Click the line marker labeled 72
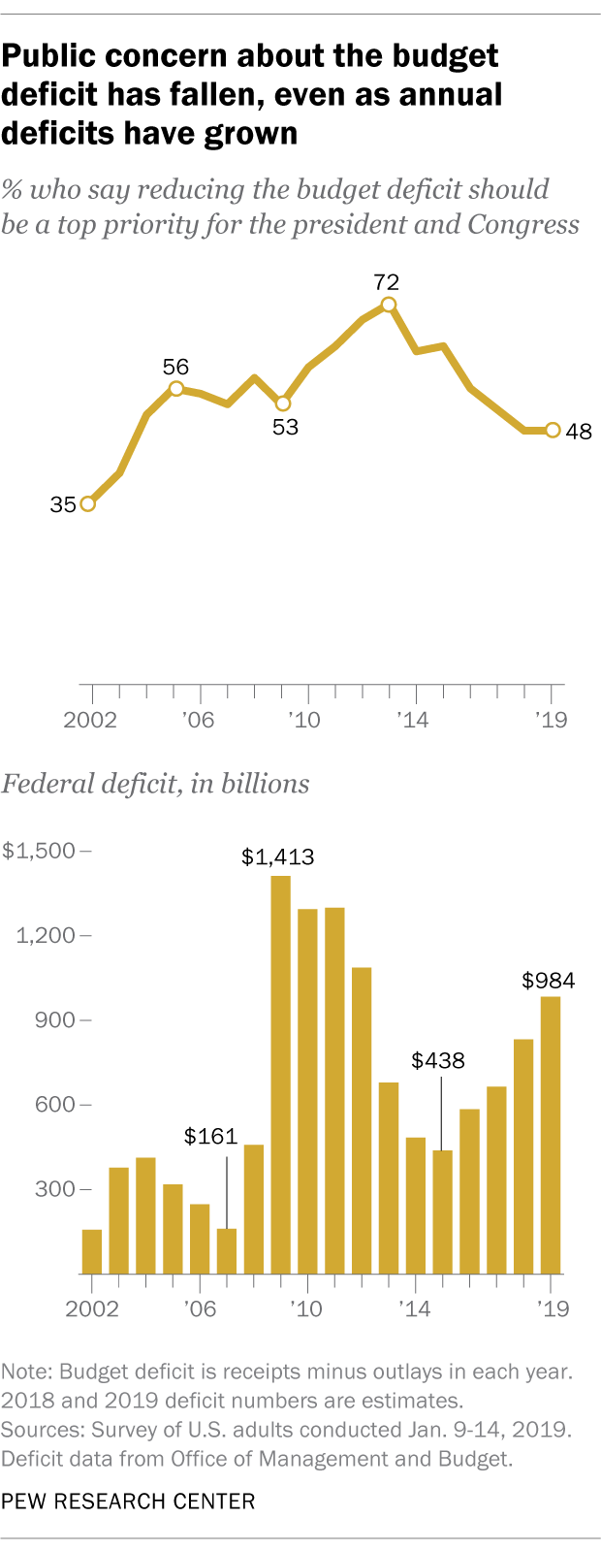click(x=389, y=305)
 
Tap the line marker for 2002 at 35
click(x=88, y=503)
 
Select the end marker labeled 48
click(x=553, y=430)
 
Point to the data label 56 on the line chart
click(x=175, y=368)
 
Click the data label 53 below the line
click(x=285, y=427)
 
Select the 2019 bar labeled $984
click(x=551, y=1135)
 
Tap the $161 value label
click(x=211, y=1137)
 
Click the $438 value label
click(x=438, y=1060)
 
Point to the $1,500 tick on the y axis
click(x=39, y=851)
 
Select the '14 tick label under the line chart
click(x=415, y=721)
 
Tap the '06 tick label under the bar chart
click(x=200, y=1309)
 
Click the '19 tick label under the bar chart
click(x=552, y=1309)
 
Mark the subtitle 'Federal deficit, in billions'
click(x=156, y=784)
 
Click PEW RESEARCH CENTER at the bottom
click(x=128, y=1502)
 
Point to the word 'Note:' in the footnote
click(x=28, y=1372)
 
